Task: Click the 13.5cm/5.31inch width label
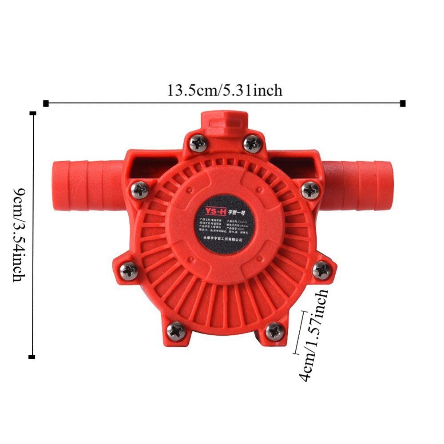224,91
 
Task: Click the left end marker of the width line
46,103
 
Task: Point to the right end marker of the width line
403,103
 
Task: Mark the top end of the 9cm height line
32,113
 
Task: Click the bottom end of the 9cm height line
32,357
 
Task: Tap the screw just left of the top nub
198,143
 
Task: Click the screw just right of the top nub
252,143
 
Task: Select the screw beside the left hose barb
140,190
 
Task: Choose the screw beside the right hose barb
310,190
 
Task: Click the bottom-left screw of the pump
176,331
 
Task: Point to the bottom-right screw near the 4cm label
274,331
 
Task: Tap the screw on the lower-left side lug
129,270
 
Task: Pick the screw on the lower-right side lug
321,270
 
